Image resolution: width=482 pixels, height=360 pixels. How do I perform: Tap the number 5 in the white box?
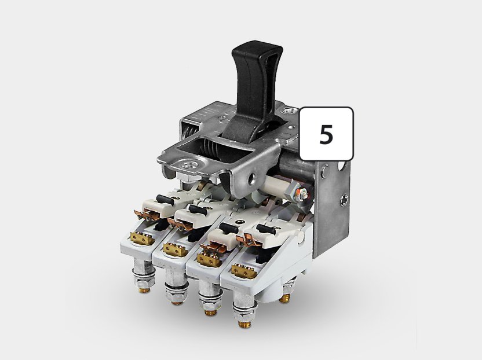[326, 134]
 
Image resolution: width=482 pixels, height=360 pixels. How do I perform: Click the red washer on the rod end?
[298, 194]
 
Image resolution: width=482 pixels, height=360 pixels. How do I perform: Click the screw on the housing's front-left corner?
[188, 165]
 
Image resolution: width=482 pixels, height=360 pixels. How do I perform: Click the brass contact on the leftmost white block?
[142, 238]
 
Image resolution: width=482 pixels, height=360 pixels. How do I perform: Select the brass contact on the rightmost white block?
[244, 271]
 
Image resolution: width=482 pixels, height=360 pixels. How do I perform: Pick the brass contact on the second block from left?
[176, 249]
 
